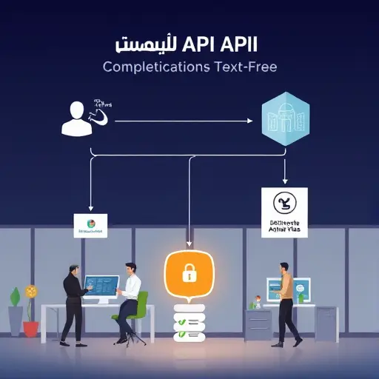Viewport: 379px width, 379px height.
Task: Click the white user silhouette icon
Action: pyautogui.click(x=76, y=118)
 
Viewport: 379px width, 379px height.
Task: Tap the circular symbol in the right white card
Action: pyautogui.click(x=284, y=201)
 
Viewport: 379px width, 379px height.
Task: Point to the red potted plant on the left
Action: pyautogui.click(x=31, y=311)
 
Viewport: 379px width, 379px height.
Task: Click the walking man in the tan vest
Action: pyautogui.click(x=286, y=300)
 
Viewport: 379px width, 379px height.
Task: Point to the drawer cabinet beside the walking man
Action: pyautogui.click(x=258, y=324)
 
